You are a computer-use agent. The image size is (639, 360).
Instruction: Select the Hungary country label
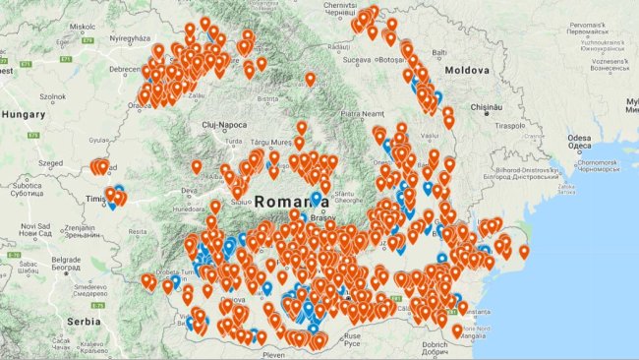click(25, 115)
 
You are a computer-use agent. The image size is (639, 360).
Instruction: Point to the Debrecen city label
click(125, 70)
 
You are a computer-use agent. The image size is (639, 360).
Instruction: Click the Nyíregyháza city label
click(135, 38)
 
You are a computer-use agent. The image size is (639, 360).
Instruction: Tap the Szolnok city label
click(53, 97)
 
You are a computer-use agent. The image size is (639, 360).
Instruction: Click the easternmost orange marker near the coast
click(523, 251)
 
